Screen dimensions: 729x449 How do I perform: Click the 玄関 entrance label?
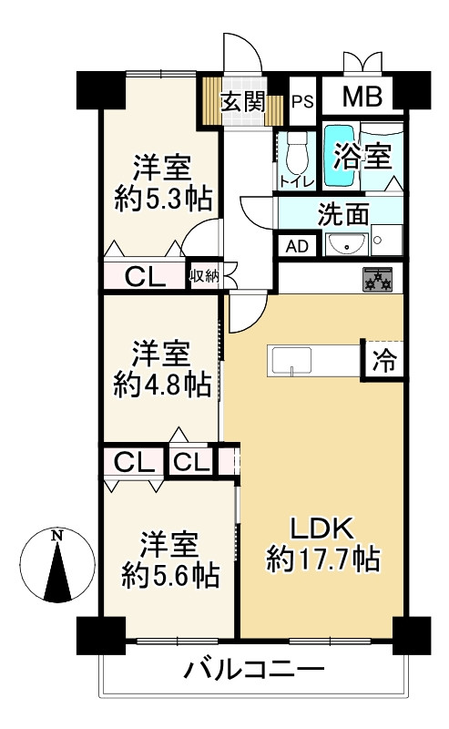point(243,100)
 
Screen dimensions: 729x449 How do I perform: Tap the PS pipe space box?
point(302,100)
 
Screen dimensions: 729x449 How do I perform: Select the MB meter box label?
point(362,96)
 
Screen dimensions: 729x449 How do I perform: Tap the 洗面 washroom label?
point(342,215)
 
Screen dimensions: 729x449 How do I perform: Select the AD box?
point(297,245)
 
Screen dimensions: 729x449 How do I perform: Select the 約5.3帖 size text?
point(163,198)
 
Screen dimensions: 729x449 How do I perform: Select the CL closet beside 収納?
point(145,274)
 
